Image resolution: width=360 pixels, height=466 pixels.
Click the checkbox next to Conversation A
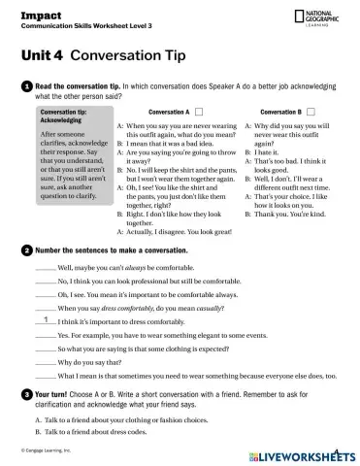click(x=199, y=112)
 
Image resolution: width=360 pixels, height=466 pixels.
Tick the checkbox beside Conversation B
click(x=313, y=112)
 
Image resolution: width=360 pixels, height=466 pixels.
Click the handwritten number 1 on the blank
click(x=45, y=317)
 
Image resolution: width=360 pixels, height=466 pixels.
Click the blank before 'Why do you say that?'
click(x=45, y=360)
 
